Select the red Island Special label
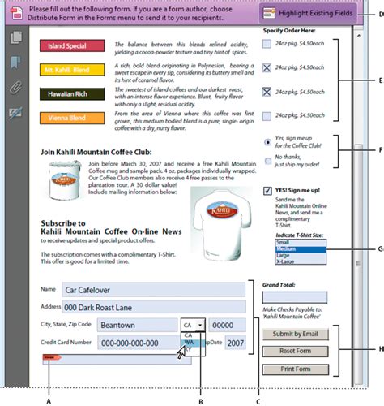point(67,47)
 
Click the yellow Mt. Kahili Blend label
point(67,71)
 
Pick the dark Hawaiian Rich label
point(67,94)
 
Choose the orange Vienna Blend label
point(67,118)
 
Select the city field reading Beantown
point(136,325)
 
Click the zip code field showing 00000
point(228,325)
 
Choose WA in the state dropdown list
point(189,343)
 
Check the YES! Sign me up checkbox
point(268,191)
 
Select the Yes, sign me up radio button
point(268,141)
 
